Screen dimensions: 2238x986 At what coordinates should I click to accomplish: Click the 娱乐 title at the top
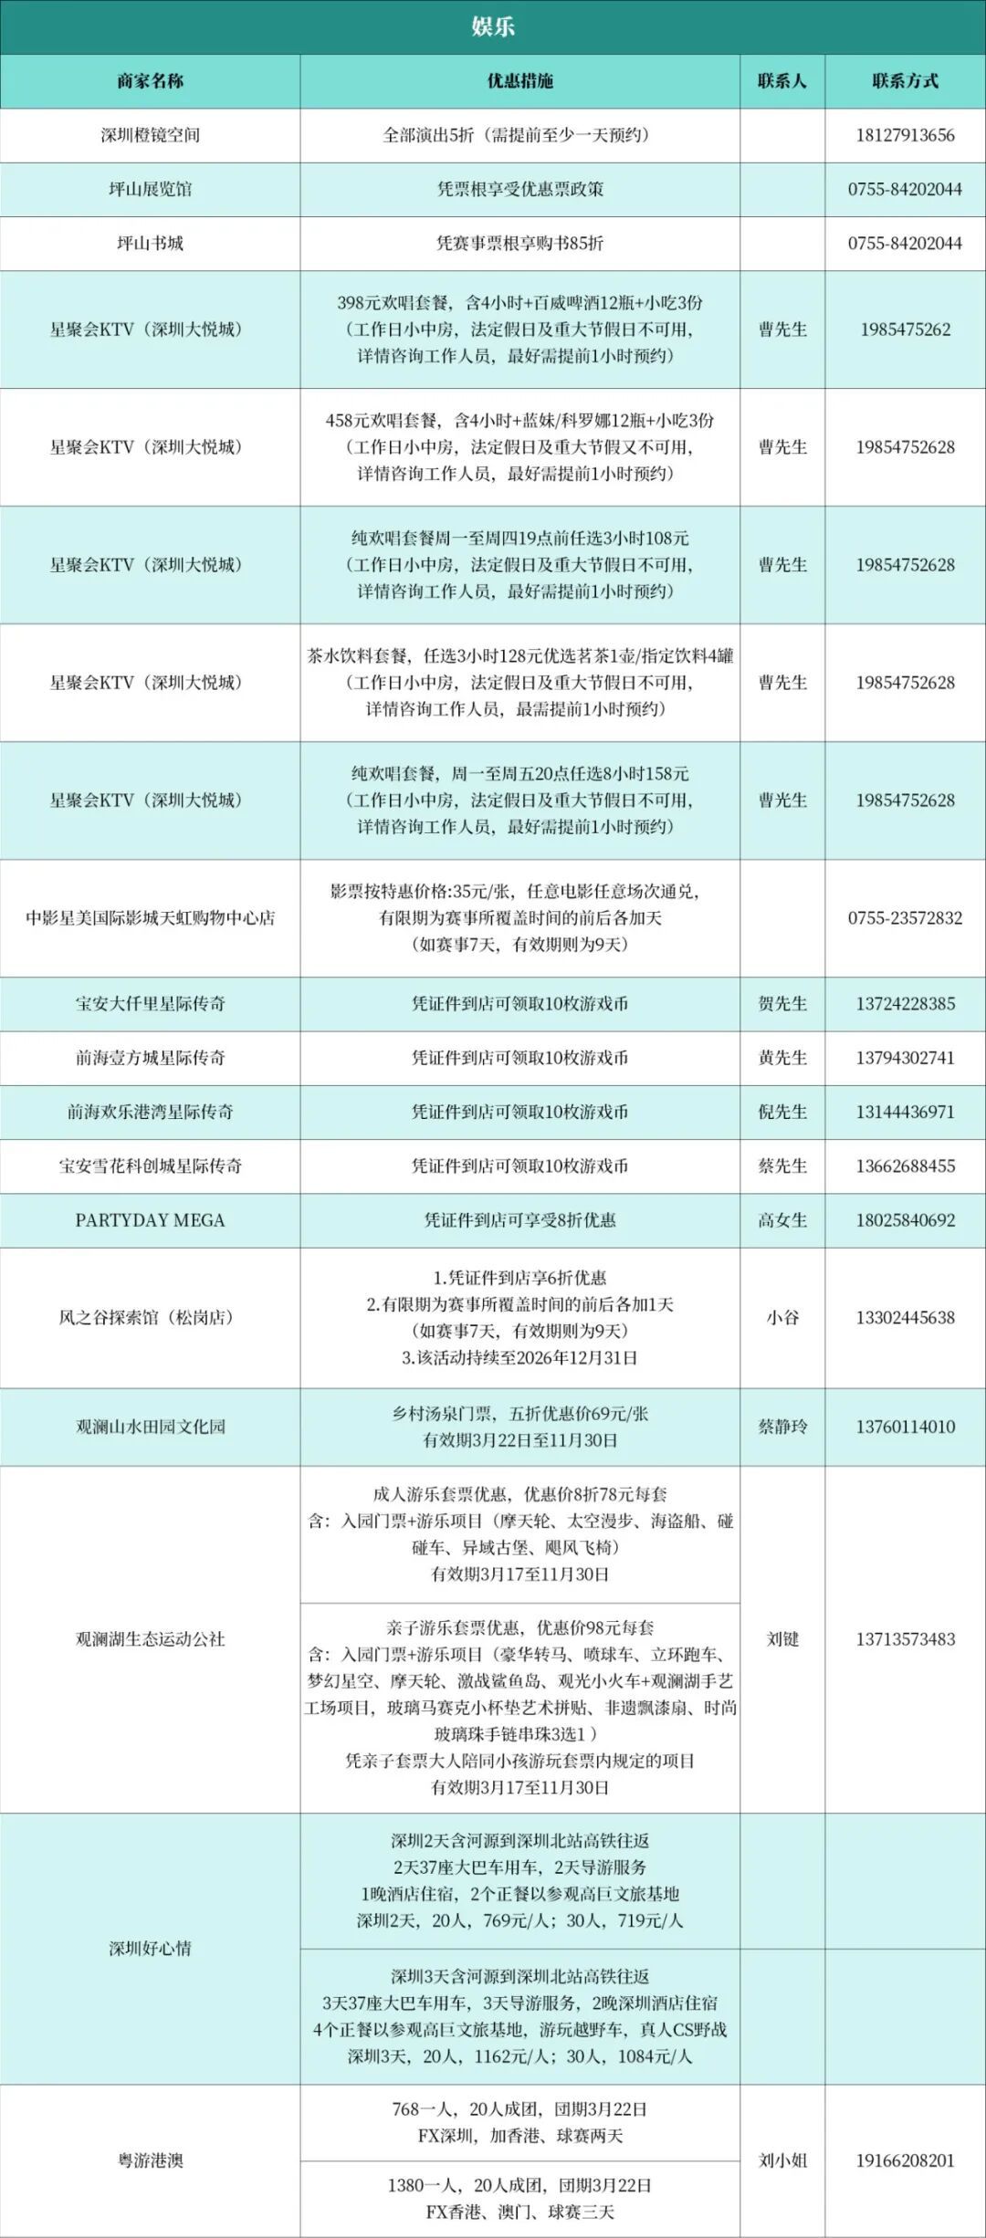(493, 26)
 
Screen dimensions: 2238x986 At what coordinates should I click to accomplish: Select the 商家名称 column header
(150, 81)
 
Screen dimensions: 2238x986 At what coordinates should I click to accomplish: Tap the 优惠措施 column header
(519, 81)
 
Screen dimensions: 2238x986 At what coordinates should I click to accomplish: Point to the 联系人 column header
(782, 81)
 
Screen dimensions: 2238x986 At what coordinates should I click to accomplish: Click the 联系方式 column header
(905, 81)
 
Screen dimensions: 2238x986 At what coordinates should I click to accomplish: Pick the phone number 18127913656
(905, 135)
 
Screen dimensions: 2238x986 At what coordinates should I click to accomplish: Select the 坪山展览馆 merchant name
(150, 189)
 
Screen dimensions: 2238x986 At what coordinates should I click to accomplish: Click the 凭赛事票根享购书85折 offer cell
(519, 244)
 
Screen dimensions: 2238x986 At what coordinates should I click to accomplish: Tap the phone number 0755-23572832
(905, 918)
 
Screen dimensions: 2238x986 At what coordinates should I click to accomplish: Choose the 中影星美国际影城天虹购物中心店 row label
(150, 918)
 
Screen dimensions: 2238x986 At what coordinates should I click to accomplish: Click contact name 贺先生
(782, 1004)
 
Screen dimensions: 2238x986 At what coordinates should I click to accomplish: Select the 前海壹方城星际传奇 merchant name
(150, 1058)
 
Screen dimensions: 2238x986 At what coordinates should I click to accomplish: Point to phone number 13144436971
(905, 1112)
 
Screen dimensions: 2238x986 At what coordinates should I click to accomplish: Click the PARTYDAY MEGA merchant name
(150, 1220)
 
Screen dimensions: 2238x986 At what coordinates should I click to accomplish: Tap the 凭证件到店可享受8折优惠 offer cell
(519, 1220)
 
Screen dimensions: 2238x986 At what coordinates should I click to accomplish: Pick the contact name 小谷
(782, 1318)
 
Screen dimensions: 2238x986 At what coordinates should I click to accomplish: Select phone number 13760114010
(905, 1427)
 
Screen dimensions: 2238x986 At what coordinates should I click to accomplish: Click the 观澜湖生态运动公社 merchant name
(150, 1639)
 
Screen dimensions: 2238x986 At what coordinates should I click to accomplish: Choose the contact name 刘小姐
(782, 2160)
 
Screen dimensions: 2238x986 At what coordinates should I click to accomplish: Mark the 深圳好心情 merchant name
(150, 1949)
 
